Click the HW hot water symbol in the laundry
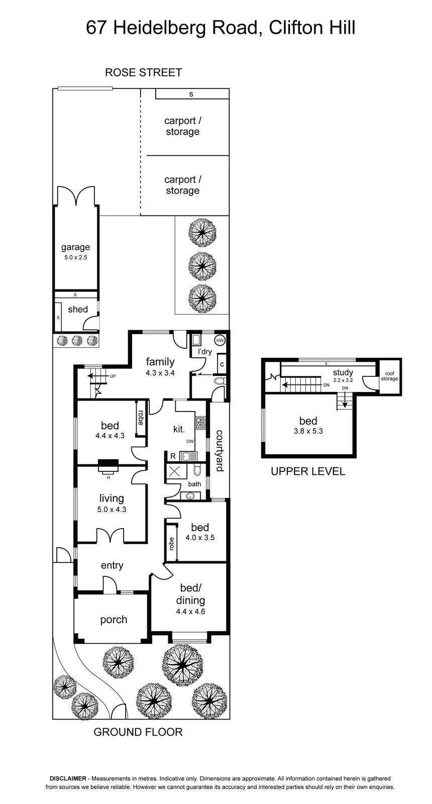[219, 340]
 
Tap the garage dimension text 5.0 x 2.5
[75, 257]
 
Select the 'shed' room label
[78, 309]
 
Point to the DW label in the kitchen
[190, 442]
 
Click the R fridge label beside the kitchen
[173, 456]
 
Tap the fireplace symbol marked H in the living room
[108, 465]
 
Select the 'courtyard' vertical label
[219, 451]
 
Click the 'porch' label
[114, 620]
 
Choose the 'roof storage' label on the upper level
[389, 376]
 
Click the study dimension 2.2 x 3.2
[343, 380]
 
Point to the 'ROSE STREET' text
[144, 72]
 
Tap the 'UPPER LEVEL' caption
[308, 471]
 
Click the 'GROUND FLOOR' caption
[138, 732]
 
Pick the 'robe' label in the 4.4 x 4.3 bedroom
[141, 418]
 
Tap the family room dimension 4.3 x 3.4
[160, 373]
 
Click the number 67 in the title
[96, 28]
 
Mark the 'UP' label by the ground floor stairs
[113, 376]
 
